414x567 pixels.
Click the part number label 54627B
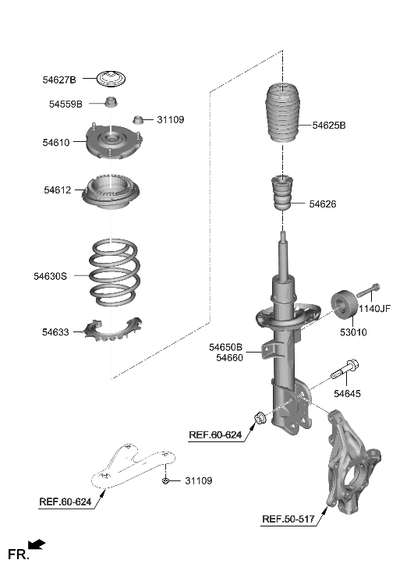pyautogui.click(x=59, y=79)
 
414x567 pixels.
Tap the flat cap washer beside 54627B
pyautogui.click(x=111, y=79)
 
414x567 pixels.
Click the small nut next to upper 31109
pyautogui.click(x=139, y=120)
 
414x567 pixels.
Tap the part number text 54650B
pyautogui.click(x=225, y=347)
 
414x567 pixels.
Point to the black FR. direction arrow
pyautogui.click(x=36, y=545)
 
